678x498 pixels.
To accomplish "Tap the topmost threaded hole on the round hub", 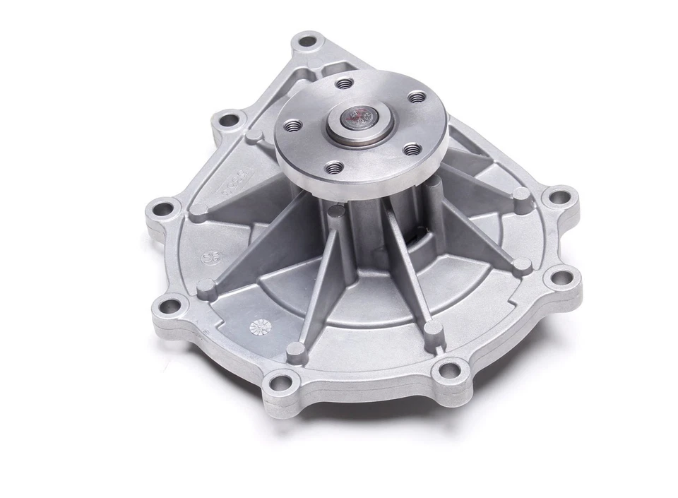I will pyautogui.click(x=344, y=84).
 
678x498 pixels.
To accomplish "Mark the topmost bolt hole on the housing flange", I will pyautogui.click(x=307, y=40).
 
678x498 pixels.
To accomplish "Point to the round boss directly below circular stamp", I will pyautogui.click(x=206, y=286).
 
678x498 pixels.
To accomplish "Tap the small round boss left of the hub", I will pyautogui.click(x=254, y=136).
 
